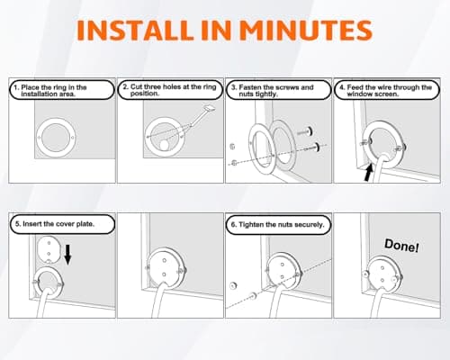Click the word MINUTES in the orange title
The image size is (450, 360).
[306, 31]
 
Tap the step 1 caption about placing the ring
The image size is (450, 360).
[50, 91]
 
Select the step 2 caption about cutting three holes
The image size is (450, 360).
[169, 90]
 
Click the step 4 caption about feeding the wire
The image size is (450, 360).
[386, 91]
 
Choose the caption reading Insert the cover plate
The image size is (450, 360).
[55, 224]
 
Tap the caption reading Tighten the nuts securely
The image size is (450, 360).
[278, 225]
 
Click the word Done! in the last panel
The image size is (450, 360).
[401, 246]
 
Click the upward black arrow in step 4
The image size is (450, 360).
[369, 172]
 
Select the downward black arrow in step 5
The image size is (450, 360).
[68, 255]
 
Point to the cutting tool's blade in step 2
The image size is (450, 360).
[210, 108]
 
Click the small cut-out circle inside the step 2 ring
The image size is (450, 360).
[164, 145]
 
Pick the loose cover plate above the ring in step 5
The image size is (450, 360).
[49, 249]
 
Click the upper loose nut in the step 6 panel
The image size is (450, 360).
[233, 285]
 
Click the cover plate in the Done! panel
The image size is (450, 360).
[382, 274]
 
